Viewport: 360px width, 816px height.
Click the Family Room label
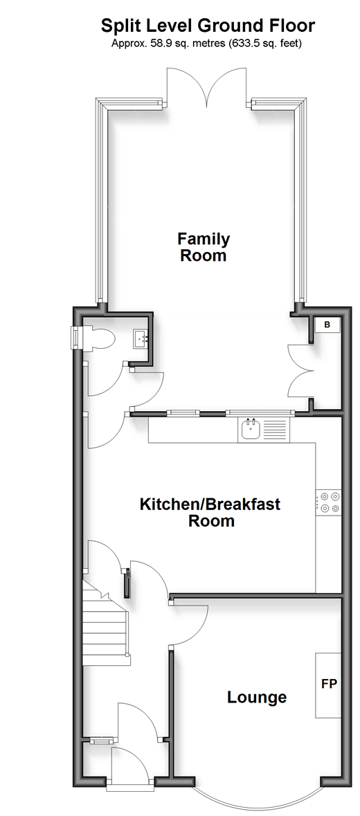(204, 247)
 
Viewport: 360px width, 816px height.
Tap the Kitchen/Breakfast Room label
(210, 512)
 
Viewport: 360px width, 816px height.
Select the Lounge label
(257, 697)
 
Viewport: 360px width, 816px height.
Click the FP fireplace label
(329, 684)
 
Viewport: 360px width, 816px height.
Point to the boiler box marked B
(327, 325)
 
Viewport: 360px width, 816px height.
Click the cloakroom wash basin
(141, 338)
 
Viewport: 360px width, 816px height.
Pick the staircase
(105, 624)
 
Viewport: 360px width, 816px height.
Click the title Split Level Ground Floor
(208, 25)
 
